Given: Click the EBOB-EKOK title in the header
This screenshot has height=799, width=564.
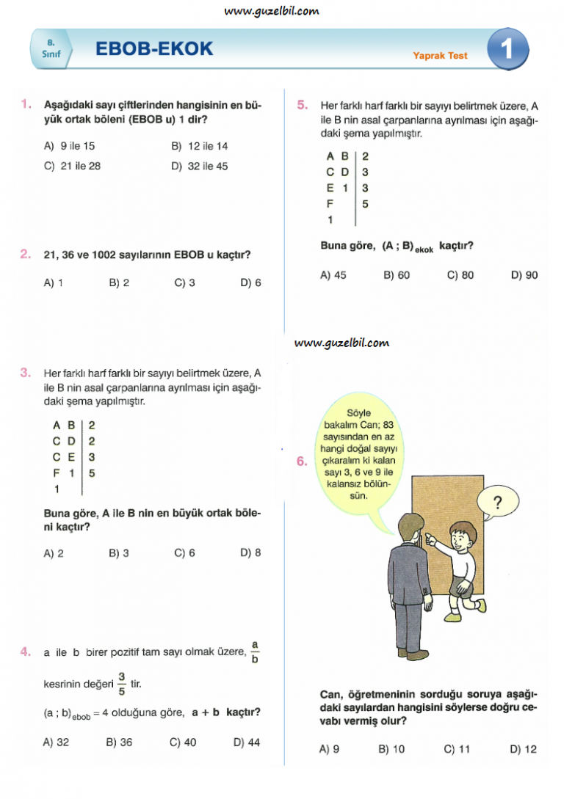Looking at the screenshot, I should click(x=154, y=49).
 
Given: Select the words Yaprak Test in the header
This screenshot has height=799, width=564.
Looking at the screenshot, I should click(x=440, y=55).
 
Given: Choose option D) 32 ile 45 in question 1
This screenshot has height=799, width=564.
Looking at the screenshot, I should click(x=200, y=166).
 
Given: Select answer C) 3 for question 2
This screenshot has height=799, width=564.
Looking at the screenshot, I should click(x=184, y=282).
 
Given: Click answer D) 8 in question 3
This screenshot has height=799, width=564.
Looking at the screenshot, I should click(x=250, y=552).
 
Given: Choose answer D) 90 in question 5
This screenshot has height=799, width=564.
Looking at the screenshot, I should click(x=524, y=275).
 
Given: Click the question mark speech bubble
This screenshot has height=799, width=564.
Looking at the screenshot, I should click(x=497, y=503).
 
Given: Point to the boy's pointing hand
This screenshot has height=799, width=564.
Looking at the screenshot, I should click(x=433, y=542).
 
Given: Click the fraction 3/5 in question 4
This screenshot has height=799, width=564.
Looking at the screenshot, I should click(x=121, y=683).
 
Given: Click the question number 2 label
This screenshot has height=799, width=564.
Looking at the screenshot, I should click(x=26, y=255).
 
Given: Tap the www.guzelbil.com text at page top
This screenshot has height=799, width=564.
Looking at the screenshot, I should click(x=272, y=11).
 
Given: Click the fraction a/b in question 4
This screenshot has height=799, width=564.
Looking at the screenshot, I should click(x=255, y=651).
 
